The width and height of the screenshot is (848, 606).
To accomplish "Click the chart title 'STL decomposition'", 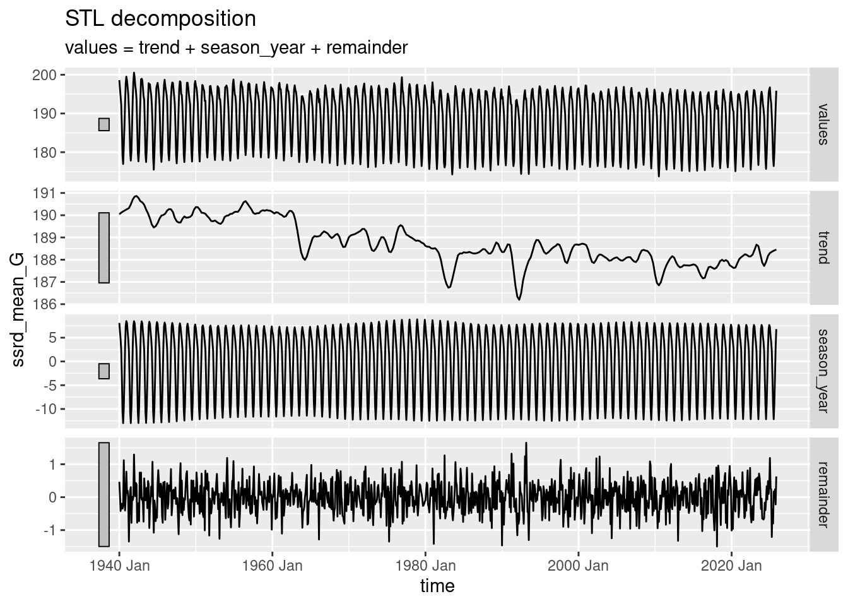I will (x=160, y=19).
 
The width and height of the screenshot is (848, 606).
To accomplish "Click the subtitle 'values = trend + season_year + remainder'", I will (x=236, y=47).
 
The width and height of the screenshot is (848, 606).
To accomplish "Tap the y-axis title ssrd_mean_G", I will (x=19, y=309).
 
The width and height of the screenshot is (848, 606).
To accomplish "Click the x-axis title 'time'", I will (x=437, y=586).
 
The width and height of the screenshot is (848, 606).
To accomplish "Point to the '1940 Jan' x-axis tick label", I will (x=120, y=566).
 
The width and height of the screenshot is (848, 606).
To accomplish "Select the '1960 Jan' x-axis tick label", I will (x=273, y=566).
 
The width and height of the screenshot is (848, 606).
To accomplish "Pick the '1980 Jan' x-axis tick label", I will (x=425, y=566).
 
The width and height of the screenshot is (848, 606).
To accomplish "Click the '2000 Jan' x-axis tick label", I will (x=578, y=566).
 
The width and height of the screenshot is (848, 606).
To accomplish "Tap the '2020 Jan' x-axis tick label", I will (x=731, y=566).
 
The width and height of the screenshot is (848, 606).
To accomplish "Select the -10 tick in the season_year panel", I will (x=45, y=409).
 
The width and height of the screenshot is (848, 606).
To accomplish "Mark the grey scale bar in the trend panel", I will (x=104, y=247).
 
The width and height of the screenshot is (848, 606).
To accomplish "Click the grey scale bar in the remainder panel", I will (x=104, y=494).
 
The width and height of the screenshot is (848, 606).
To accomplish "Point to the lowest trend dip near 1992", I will (x=519, y=299).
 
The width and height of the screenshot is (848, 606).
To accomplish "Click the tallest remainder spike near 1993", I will (x=526, y=443).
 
